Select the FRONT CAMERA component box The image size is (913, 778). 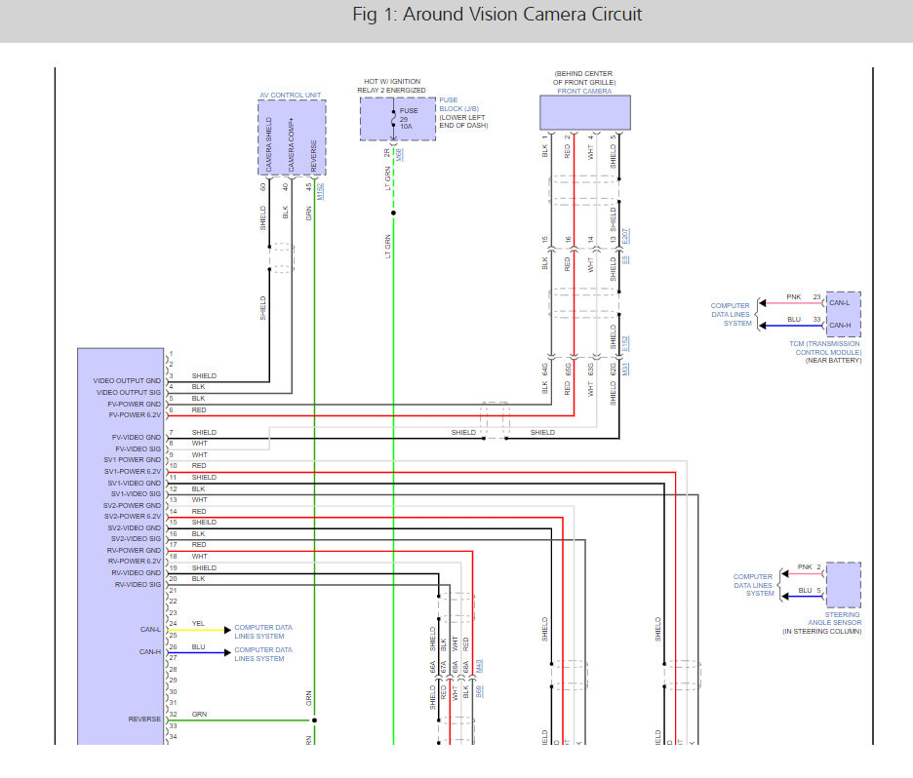585,113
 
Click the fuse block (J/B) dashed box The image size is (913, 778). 397,119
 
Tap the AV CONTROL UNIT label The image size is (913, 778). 292,96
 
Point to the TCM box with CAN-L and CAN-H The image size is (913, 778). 843,313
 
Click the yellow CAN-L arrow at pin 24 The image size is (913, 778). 226,629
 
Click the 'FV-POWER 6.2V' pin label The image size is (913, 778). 135,415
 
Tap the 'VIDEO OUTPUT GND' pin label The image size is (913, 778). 127,381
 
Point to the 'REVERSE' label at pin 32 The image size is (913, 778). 144,720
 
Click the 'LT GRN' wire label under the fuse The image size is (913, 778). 387,246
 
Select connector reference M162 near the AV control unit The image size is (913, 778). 320,191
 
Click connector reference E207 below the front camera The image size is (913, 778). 626,237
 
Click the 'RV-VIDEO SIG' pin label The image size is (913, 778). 137,585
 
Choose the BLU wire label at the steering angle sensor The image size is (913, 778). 805,590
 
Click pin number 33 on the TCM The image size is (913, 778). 817,320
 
